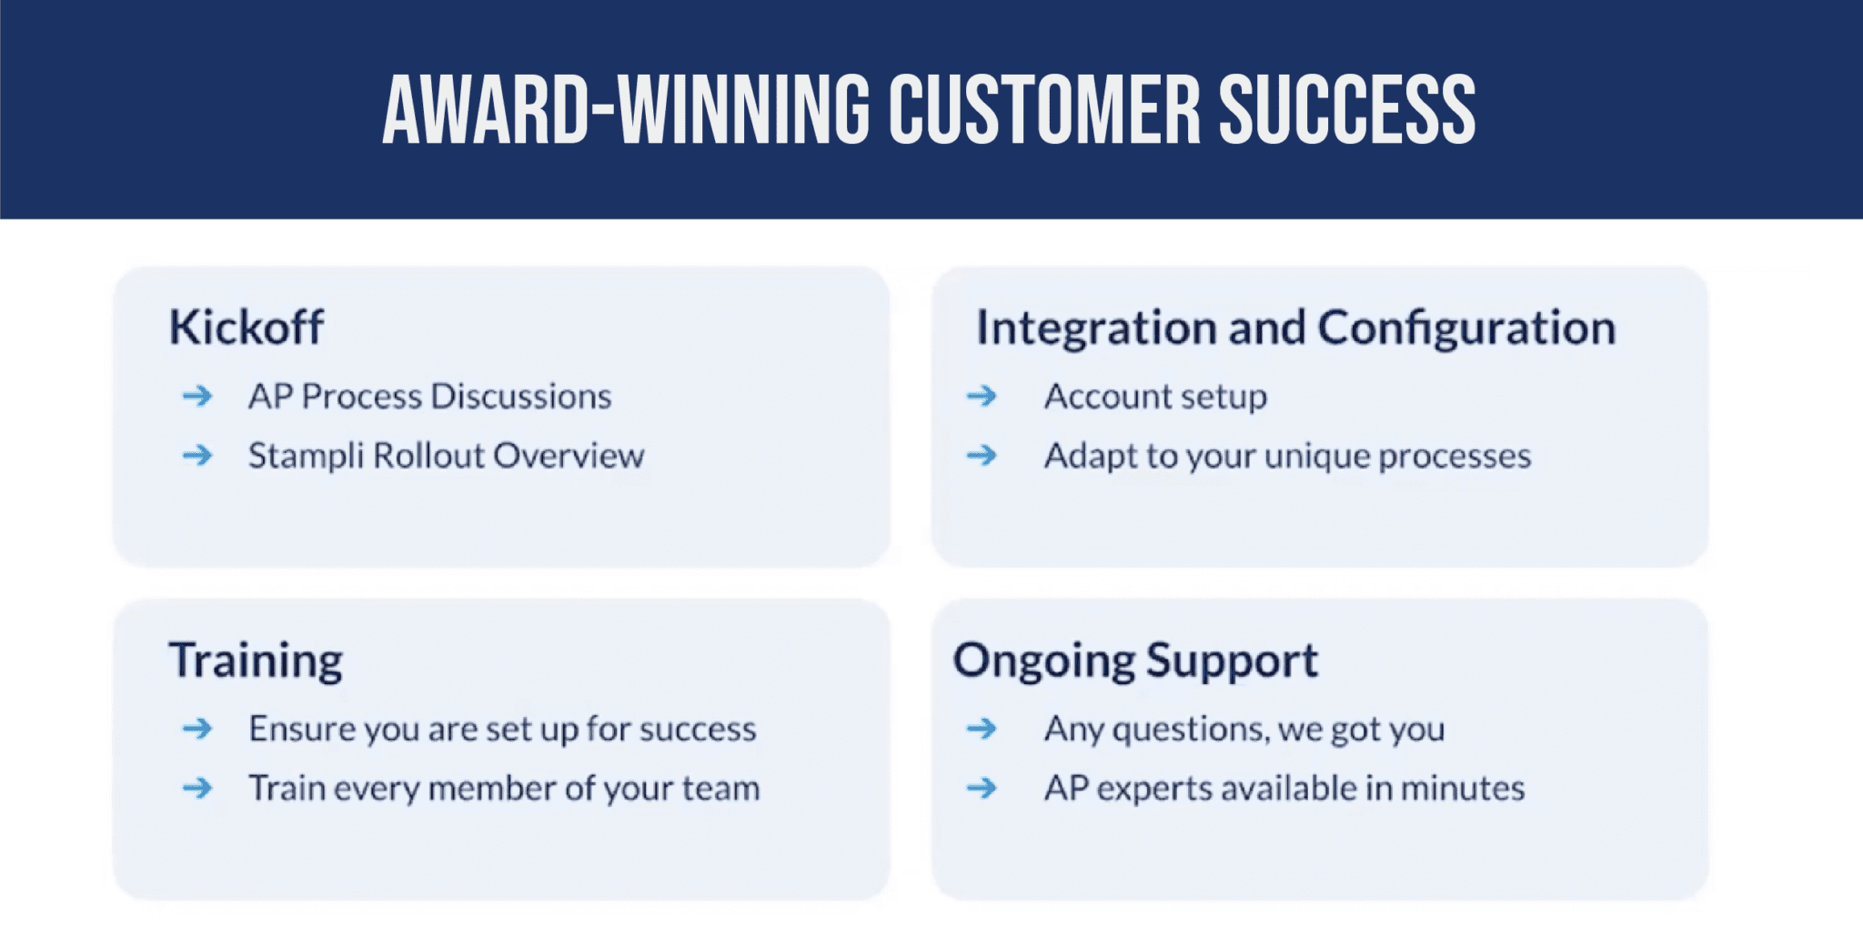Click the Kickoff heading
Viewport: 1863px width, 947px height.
[246, 327]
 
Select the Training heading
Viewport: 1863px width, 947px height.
[256, 660]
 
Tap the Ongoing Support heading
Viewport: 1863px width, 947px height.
[1134, 660]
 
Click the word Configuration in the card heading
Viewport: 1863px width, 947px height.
[1466, 327]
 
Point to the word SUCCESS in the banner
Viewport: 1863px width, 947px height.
[1346, 110]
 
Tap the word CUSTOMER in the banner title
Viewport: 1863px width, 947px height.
[1044, 110]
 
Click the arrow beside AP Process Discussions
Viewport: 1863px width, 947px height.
[197, 396]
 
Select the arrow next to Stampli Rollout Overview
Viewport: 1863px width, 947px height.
[197, 455]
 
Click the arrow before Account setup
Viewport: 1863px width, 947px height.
[982, 396]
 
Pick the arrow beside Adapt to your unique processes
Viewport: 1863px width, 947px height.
[982, 455]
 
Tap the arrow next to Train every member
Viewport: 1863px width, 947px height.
[197, 788]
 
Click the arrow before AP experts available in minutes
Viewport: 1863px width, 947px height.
[982, 788]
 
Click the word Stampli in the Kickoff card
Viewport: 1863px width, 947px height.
[306, 456]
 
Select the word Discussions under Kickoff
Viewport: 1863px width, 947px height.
[520, 397]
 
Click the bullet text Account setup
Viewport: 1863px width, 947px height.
[1155, 397]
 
